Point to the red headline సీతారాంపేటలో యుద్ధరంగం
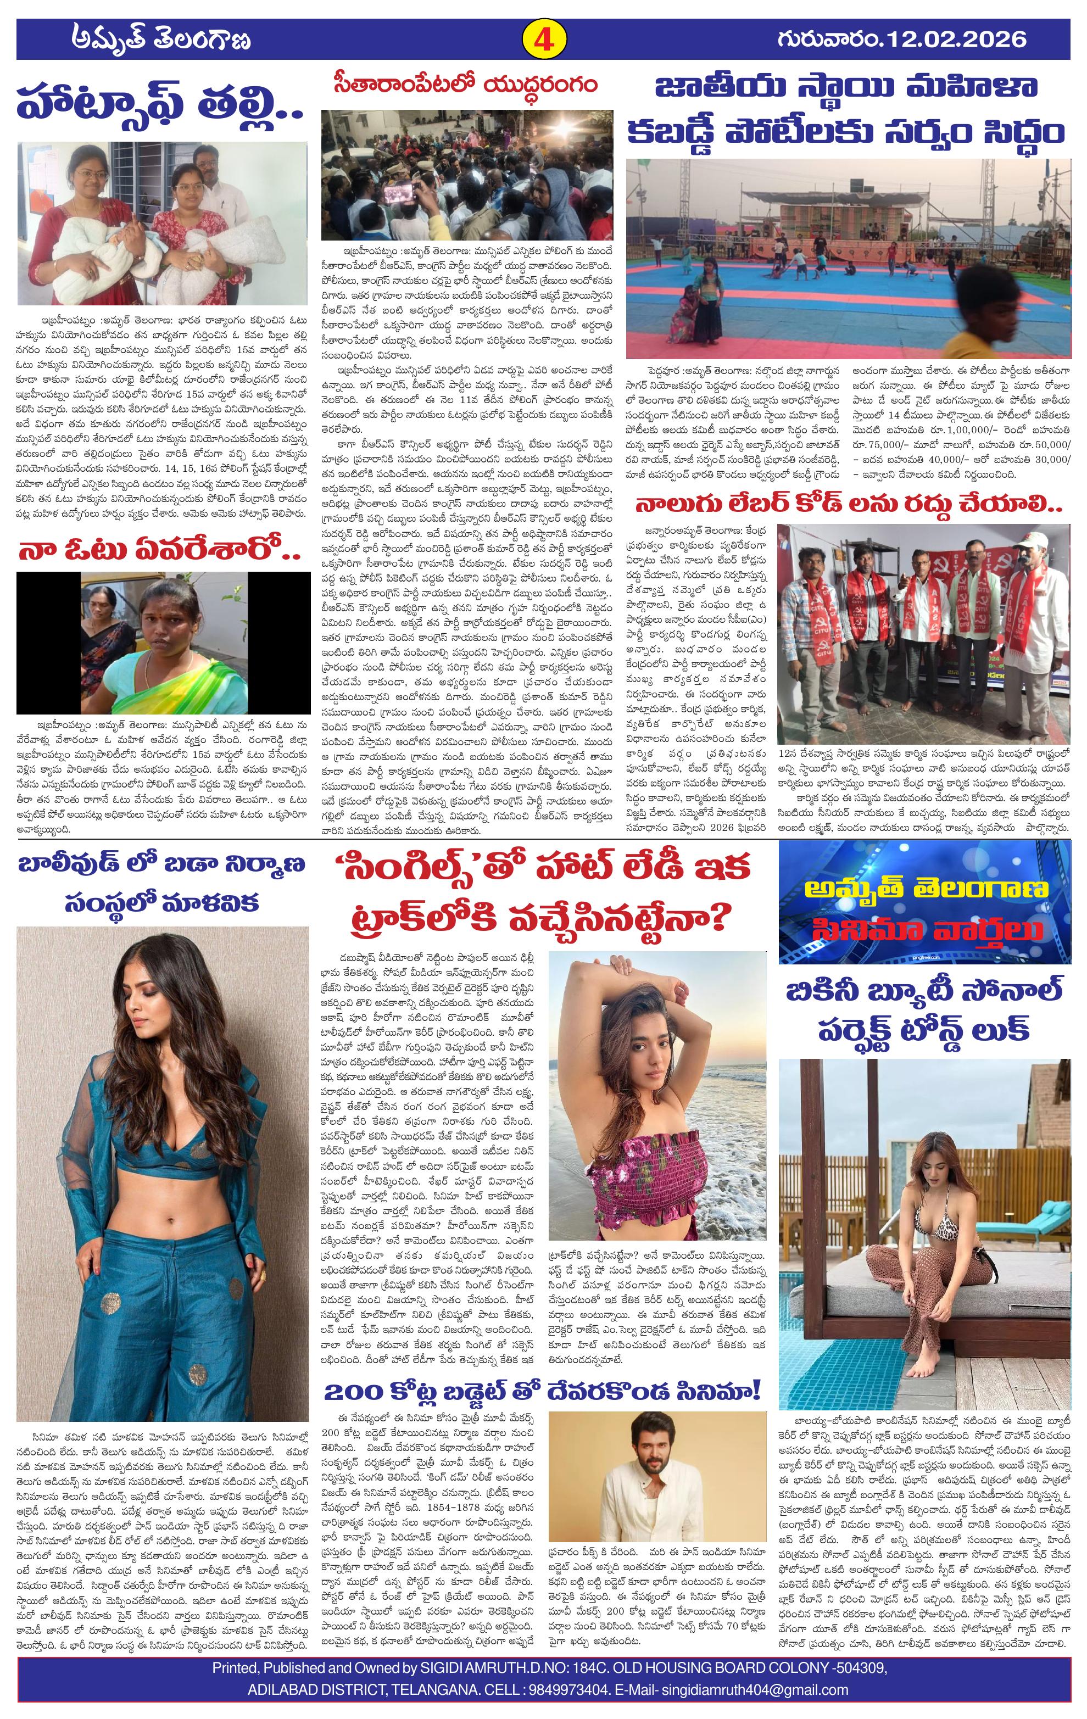[465, 86]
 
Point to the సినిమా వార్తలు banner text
[926, 929]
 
